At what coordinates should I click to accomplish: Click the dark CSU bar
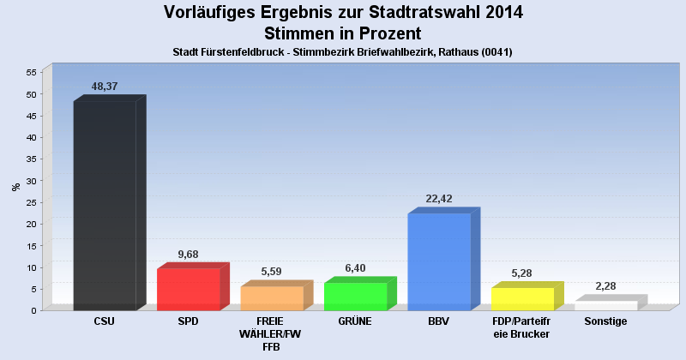pyautogui.click(x=105, y=206)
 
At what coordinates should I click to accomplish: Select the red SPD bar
pyautogui.click(x=189, y=289)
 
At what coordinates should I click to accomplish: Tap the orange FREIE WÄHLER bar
pyautogui.click(x=272, y=297)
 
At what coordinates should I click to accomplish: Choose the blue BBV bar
pyautogui.click(x=439, y=261)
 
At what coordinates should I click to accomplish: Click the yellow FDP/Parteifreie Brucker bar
pyautogui.click(x=522, y=298)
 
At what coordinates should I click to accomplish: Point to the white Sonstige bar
pyautogui.click(x=605, y=305)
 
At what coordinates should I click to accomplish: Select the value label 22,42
pyautogui.click(x=439, y=199)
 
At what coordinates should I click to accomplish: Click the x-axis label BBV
pyautogui.click(x=439, y=321)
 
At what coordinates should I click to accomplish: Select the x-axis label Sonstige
pyautogui.click(x=605, y=321)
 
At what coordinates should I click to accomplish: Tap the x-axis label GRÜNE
pyautogui.click(x=356, y=321)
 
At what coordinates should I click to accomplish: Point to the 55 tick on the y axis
pyautogui.click(x=30, y=72)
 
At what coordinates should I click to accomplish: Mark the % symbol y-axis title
pyautogui.click(x=15, y=187)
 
